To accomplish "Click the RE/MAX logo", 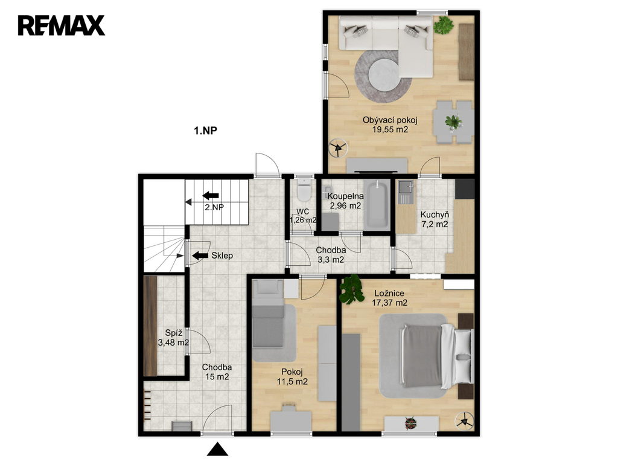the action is [x=62, y=25].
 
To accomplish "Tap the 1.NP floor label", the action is [x=205, y=130].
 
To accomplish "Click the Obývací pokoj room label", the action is [x=390, y=120].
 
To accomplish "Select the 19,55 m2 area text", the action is [x=390, y=130].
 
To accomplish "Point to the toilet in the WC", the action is [x=304, y=190].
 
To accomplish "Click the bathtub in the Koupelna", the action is [x=377, y=204].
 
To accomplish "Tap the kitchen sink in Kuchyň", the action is [x=405, y=192].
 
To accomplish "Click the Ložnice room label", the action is [x=389, y=294].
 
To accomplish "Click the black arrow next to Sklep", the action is [x=200, y=256].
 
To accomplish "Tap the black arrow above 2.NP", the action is [x=211, y=195].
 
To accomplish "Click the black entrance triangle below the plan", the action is [x=217, y=449].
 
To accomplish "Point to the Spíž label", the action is [x=173, y=333].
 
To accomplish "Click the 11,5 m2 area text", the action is [x=292, y=382].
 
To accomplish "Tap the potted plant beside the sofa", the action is [x=444, y=25].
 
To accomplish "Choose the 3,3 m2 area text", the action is [x=331, y=260].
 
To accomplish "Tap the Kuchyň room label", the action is [x=435, y=215].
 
